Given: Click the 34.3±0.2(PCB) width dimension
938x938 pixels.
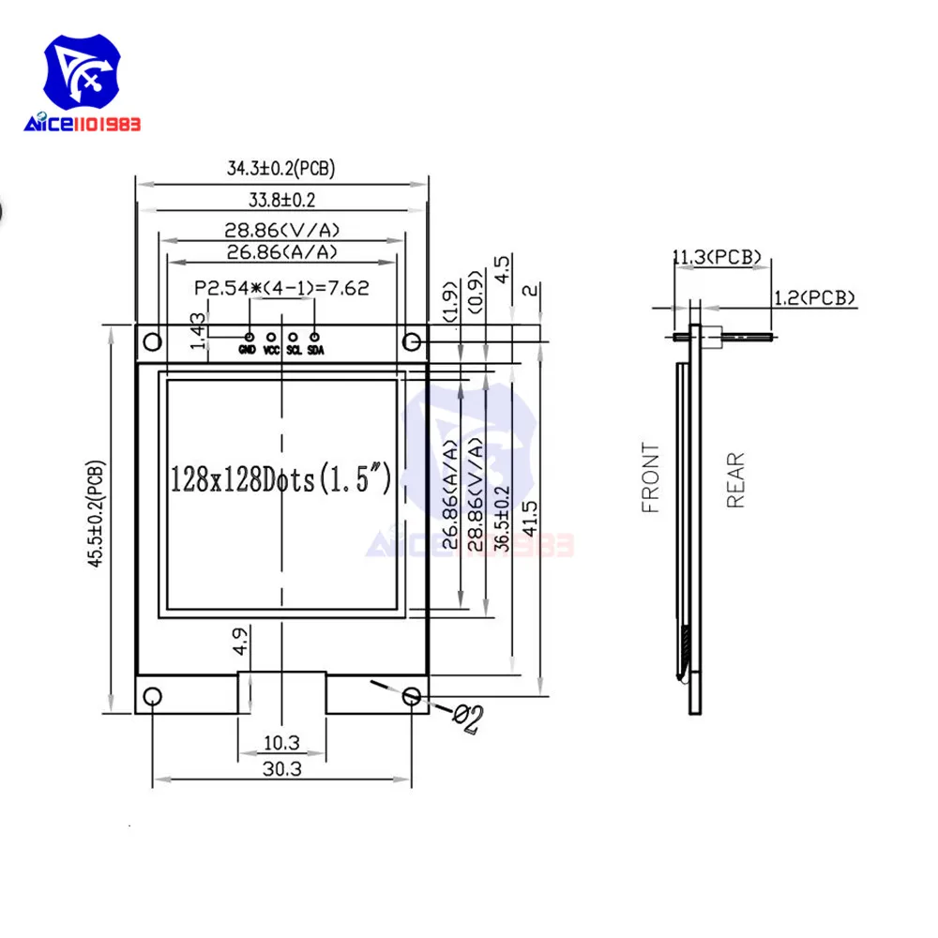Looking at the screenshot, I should [x=280, y=169].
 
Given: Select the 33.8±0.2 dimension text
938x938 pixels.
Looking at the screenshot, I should [x=280, y=199].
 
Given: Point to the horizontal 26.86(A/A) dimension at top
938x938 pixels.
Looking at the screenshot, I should [x=280, y=251].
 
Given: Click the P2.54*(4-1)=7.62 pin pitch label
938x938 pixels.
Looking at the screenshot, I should [x=280, y=288].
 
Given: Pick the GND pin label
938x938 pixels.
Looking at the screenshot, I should [x=248, y=351].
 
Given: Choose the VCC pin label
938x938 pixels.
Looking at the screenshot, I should [x=271, y=351].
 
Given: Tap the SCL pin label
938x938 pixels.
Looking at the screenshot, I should [x=293, y=351].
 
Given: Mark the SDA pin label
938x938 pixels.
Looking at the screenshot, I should [x=315, y=351].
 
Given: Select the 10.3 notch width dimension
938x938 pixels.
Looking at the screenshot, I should [x=280, y=743].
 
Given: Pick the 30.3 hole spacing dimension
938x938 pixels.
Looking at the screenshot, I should [x=280, y=767].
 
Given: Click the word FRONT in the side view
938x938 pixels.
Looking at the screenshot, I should [x=651, y=478].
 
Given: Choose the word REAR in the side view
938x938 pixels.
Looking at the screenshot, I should [x=735, y=479].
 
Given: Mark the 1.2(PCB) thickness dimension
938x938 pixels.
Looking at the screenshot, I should [x=814, y=297].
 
